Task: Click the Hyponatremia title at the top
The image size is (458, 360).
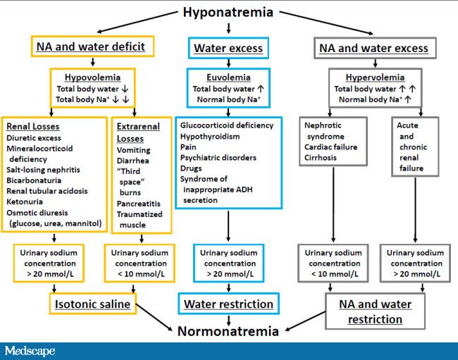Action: point(228,12)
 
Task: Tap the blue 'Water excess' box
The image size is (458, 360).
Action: point(228,49)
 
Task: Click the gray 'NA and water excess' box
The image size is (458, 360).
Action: point(374,49)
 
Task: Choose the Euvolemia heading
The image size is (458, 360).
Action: point(228,76)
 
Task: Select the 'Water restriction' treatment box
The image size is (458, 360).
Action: point(228,304)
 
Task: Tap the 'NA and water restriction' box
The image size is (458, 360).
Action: point(374,311)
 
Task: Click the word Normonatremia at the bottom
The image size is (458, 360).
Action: point(228,330)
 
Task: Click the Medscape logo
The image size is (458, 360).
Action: point(30,350)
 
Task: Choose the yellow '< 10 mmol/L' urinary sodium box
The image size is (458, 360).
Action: point(138,263)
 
